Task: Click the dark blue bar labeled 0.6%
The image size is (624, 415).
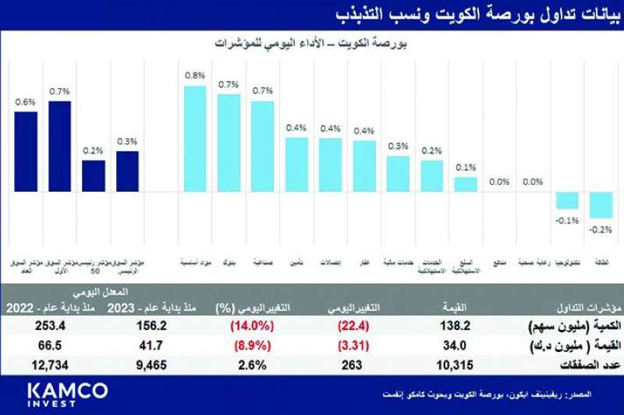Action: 26,151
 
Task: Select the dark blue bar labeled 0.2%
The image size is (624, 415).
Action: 94,176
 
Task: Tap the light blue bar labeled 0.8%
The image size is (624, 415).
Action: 195,138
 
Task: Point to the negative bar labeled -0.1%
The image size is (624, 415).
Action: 567,200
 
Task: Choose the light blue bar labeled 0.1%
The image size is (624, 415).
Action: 466,184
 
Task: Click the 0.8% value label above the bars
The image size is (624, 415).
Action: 195,76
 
